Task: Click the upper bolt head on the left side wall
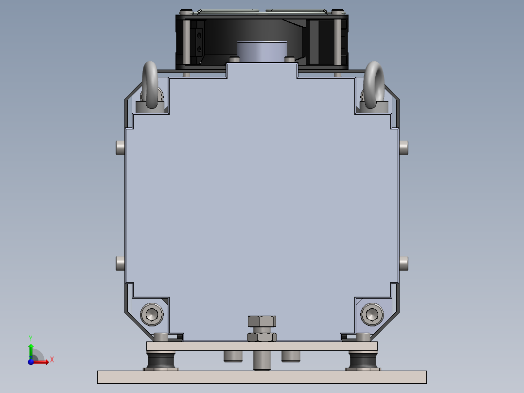tap(120, 147)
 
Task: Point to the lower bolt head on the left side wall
tap(120, 264)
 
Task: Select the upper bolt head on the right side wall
tap(403, 147)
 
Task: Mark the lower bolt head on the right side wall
tap(403, 264)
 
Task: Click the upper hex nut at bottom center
tap(262, 321)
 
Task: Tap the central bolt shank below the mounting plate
tap(262, 360)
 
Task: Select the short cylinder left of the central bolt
tap(233, 356)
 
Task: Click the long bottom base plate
tap(262, 377)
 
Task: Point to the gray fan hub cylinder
tap(262, 51)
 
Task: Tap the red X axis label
tap(52, 359)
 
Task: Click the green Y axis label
tap(30, 338)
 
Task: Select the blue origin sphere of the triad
tap(31, 362)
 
